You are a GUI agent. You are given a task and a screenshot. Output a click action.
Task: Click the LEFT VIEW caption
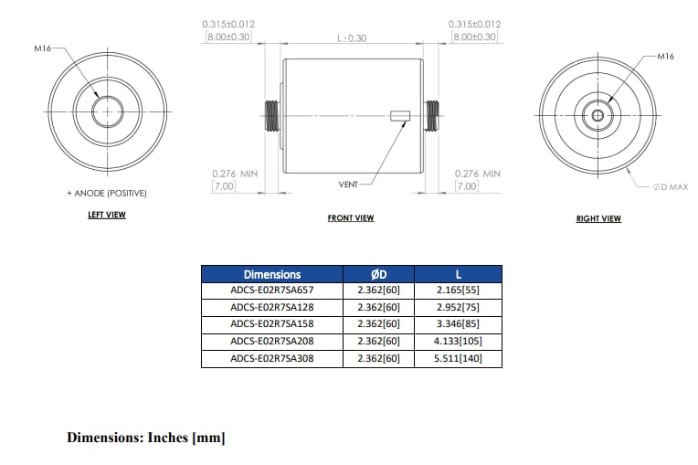(x=107, y=216)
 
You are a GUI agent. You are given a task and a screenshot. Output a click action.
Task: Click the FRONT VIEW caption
(x=351, y=218)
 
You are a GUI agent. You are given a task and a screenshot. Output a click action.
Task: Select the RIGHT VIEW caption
(x=598, y=219)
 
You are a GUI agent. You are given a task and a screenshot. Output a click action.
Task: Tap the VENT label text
(x=348, y=185)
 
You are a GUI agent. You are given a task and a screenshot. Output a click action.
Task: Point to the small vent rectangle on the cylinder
(x=399, y=116)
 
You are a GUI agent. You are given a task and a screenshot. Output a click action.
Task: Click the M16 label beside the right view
(x=664, y=57)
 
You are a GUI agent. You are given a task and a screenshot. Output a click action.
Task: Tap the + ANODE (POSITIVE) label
(x=107, y=194)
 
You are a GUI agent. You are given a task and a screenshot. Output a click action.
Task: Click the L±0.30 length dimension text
(x=352, y=38)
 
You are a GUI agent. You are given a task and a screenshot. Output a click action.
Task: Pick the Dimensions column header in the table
(x=271, y=274)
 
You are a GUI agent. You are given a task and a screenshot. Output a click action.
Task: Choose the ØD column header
(x=378, y=274)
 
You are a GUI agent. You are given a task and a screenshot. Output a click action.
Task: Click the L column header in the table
(x=458, y=274)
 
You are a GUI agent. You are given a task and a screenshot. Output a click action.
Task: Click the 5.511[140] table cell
(x=458, y=357)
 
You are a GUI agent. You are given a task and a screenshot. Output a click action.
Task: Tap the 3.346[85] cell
(x=458, y=323)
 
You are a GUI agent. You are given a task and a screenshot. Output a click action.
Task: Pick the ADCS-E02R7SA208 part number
(x=271, y=341)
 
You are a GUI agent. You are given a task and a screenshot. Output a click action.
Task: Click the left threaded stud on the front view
(x=271, y=115)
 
